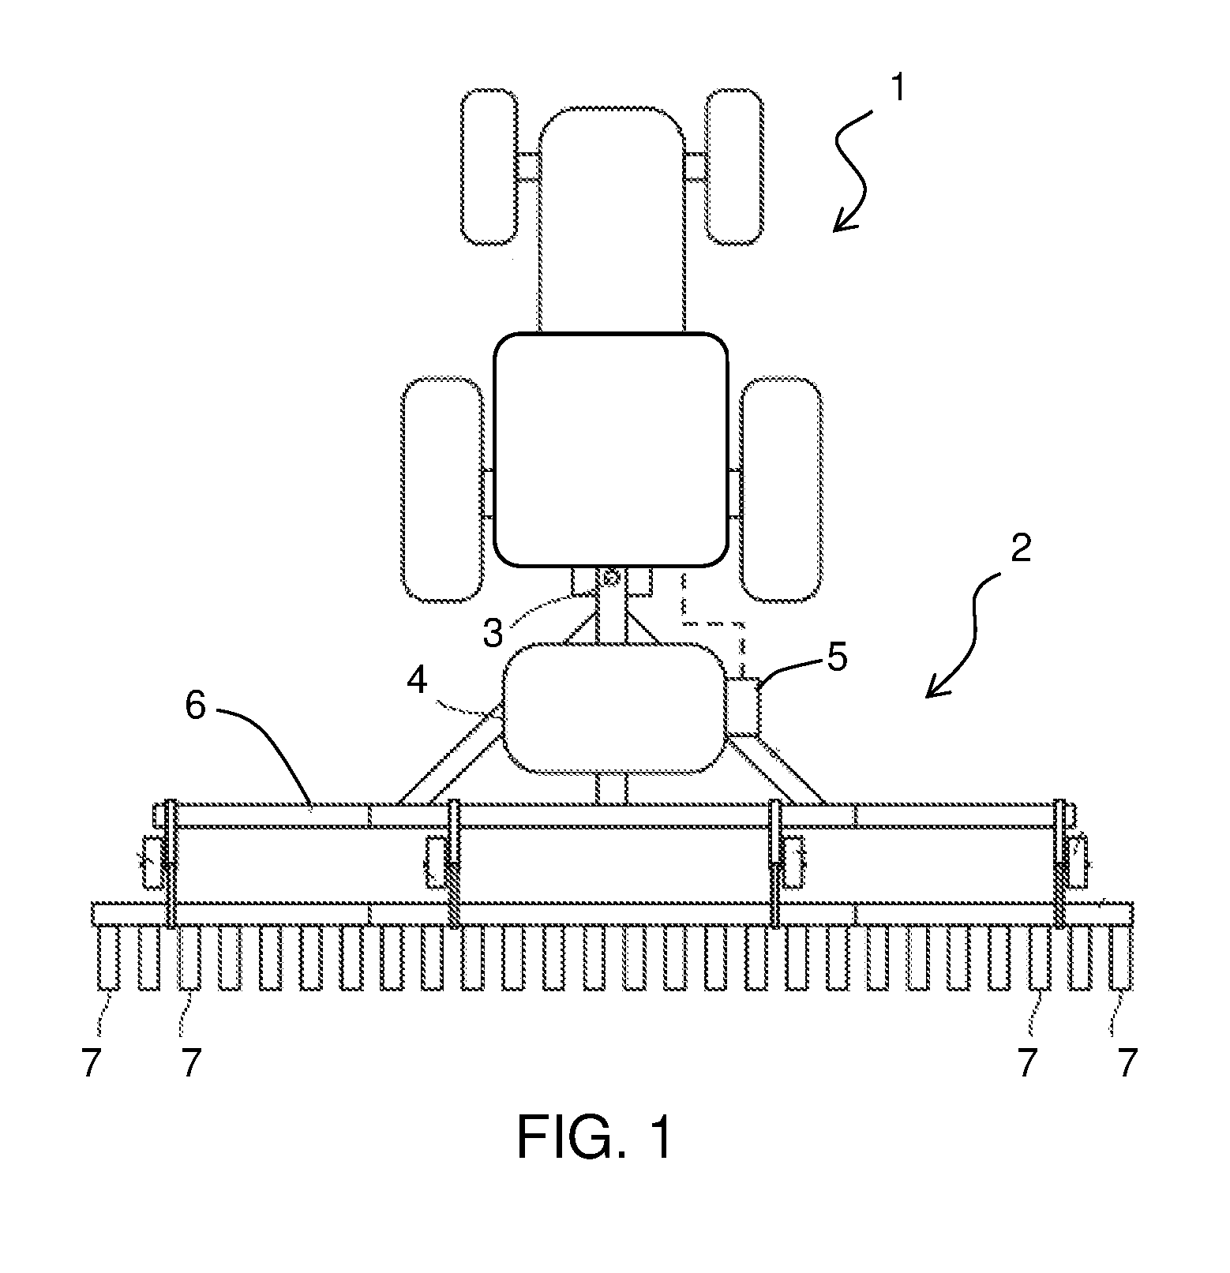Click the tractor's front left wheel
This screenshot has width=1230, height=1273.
click(489, 167)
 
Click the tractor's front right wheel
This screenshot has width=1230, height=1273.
click(733, 167)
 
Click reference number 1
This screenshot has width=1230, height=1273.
click(898, 91)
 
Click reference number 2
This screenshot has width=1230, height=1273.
click(1020, 549)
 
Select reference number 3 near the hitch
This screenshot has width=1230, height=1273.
click(493, 632)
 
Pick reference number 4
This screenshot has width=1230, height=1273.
click(418, 680)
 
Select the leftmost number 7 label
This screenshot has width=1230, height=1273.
click(92, 1065)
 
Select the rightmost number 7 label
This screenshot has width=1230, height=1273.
click(1127, 1065)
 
